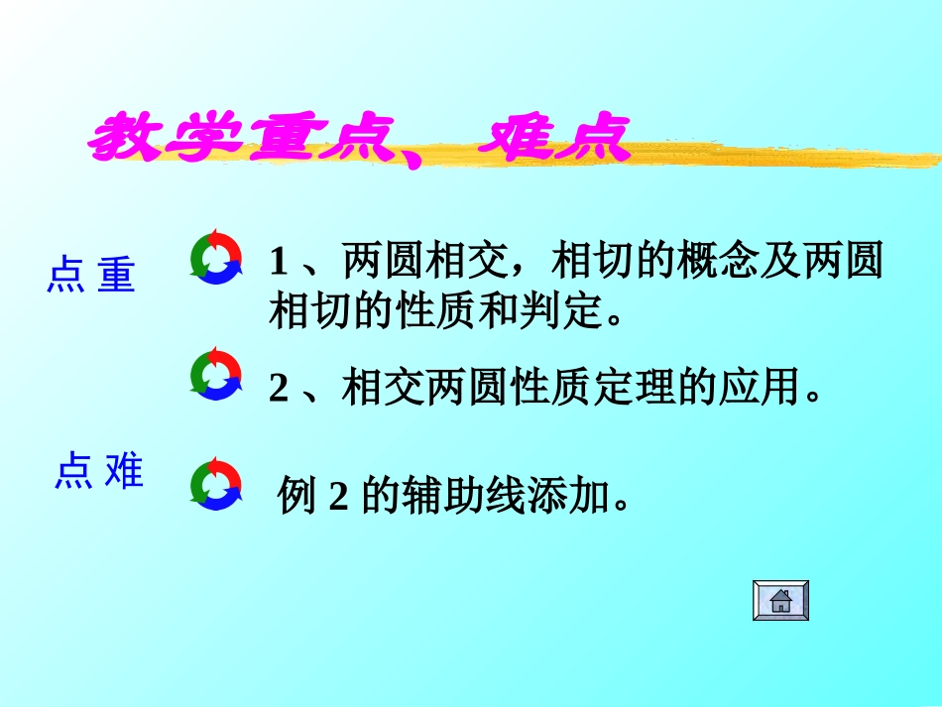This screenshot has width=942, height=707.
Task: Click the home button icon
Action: pos(780,601)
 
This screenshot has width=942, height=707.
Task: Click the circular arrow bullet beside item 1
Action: pos(215,257)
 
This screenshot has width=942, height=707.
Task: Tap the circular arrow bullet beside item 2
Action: pos(215,374)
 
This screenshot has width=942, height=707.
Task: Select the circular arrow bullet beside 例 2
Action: pos(215,484)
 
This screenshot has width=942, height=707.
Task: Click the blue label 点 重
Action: pos(90,276)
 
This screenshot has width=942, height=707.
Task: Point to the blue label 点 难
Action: pos(98,472)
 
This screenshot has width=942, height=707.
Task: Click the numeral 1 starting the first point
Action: pos(279,262)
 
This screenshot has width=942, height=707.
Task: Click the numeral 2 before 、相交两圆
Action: pos(279,388)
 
